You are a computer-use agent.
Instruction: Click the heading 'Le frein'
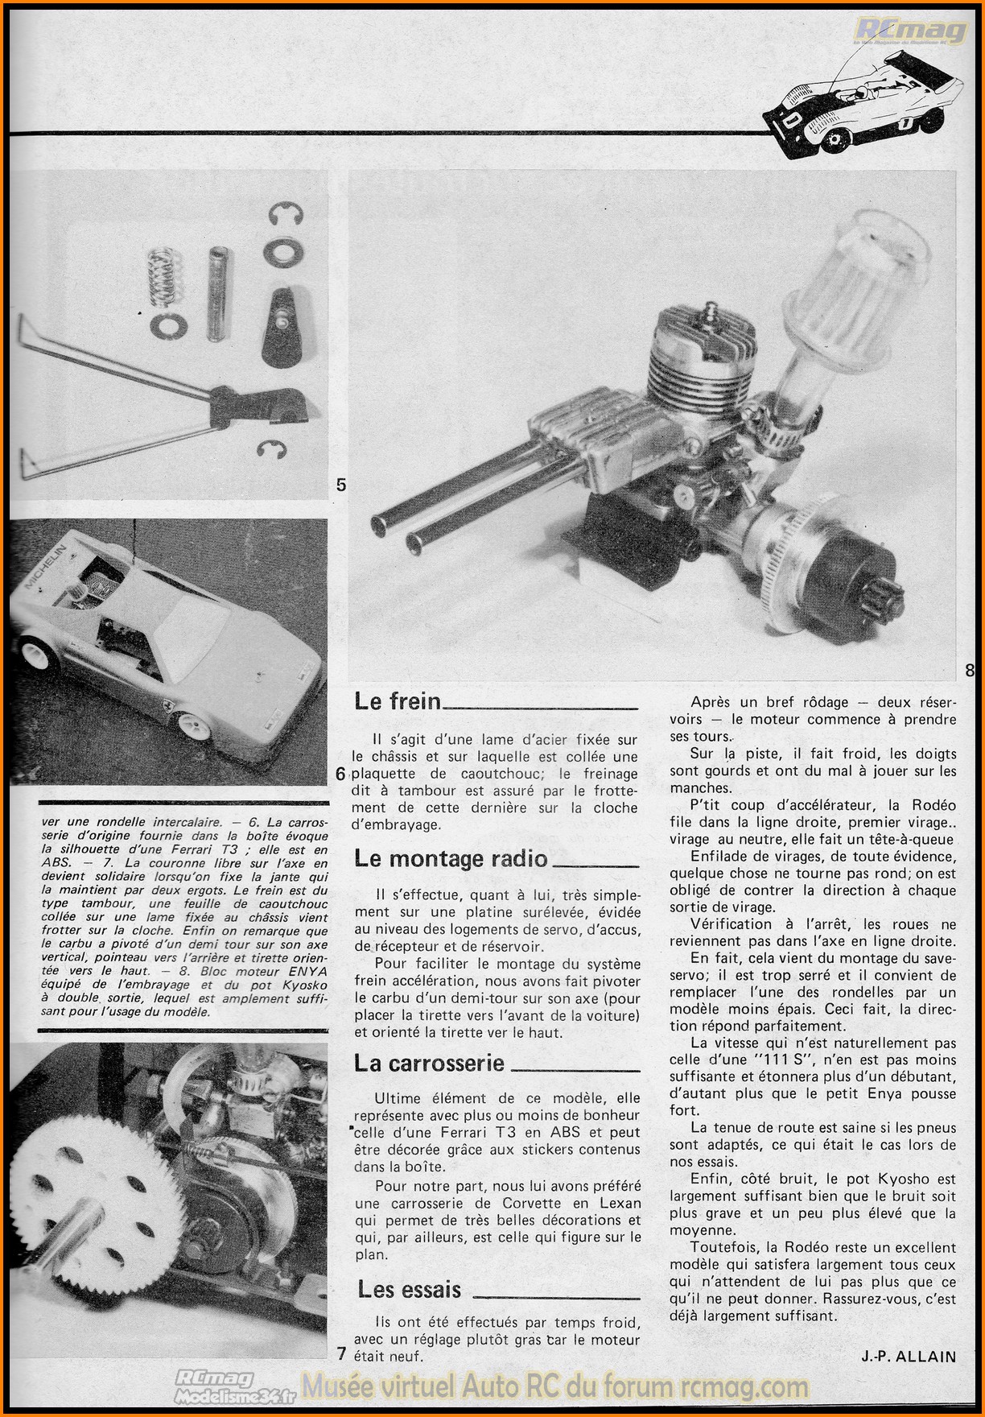coord(398,701)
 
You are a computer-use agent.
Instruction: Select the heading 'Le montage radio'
coord(451,859)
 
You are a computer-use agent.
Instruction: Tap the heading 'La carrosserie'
coord(429,1064)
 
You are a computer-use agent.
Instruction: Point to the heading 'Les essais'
coord(409,1290)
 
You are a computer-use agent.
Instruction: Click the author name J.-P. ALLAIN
coord(908,1357)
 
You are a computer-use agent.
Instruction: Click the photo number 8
coord(969,670)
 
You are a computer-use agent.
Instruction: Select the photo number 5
coord(341,485)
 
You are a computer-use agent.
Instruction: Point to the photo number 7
coord(341,1354)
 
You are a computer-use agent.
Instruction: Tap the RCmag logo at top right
coord(910,31)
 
